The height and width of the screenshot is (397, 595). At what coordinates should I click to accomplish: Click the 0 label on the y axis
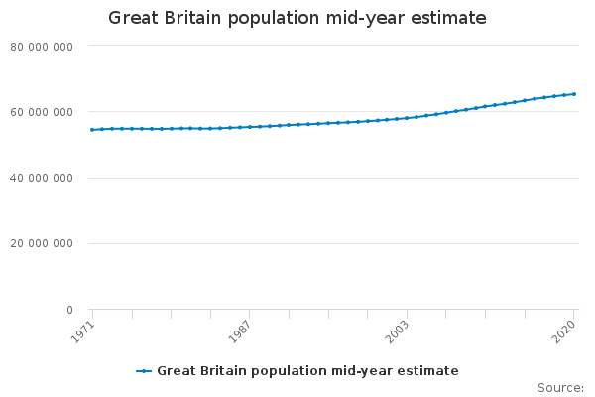[68, 310]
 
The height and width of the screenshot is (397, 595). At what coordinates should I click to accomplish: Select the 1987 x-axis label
[240, 331]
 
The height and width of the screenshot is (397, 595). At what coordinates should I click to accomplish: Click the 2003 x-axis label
[397, 331]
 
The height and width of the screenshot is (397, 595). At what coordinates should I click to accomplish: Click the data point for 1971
[92, 130]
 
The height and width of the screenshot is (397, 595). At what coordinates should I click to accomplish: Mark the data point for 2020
[574, 94]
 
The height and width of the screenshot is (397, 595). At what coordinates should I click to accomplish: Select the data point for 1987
[249, 127]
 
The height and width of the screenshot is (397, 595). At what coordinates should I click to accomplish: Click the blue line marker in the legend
[144, 371]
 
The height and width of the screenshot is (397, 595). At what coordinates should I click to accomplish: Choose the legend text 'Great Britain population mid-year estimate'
[307, 371]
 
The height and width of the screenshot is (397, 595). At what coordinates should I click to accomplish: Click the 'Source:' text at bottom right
[560, 387]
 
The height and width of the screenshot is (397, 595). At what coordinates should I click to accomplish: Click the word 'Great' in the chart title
[131, 18]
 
